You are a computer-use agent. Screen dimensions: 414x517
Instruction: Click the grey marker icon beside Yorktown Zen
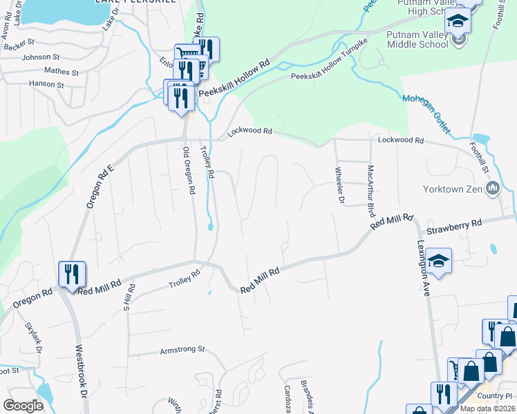pyautogui.click(x=493, y=188)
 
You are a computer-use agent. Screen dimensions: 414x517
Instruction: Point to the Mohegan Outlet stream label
pyautogui.click(x=426, y=112)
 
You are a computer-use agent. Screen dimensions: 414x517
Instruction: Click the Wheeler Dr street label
pyautogui.click(x=339, y=186)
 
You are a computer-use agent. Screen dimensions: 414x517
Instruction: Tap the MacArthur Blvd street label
pyautogui.click(x=371, y=188)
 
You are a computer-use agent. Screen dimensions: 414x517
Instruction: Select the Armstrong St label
pyautogui.click(x=182, y=350)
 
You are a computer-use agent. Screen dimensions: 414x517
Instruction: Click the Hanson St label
pyautogui.click(x=46, y=85)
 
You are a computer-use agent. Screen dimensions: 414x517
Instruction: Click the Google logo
pyautogui.click(x=23, y=406)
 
